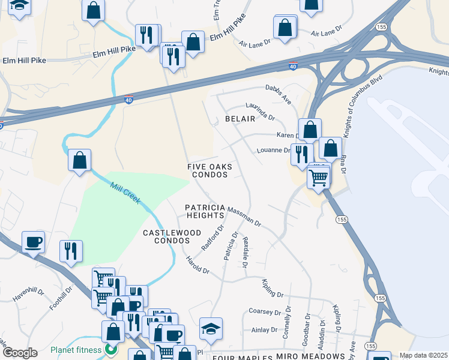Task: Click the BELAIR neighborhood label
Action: point(240,119)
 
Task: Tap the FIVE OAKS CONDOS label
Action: point(209,170)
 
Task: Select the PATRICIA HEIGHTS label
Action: point(205,211)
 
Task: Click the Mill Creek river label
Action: point(125,193)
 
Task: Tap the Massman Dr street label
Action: point(244,215)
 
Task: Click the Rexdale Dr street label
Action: point(246,252)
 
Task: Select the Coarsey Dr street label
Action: point(264,312)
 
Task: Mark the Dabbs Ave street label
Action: point(278,94)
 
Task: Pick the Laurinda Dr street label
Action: point(260,109)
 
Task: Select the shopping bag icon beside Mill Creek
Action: point(79,161)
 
